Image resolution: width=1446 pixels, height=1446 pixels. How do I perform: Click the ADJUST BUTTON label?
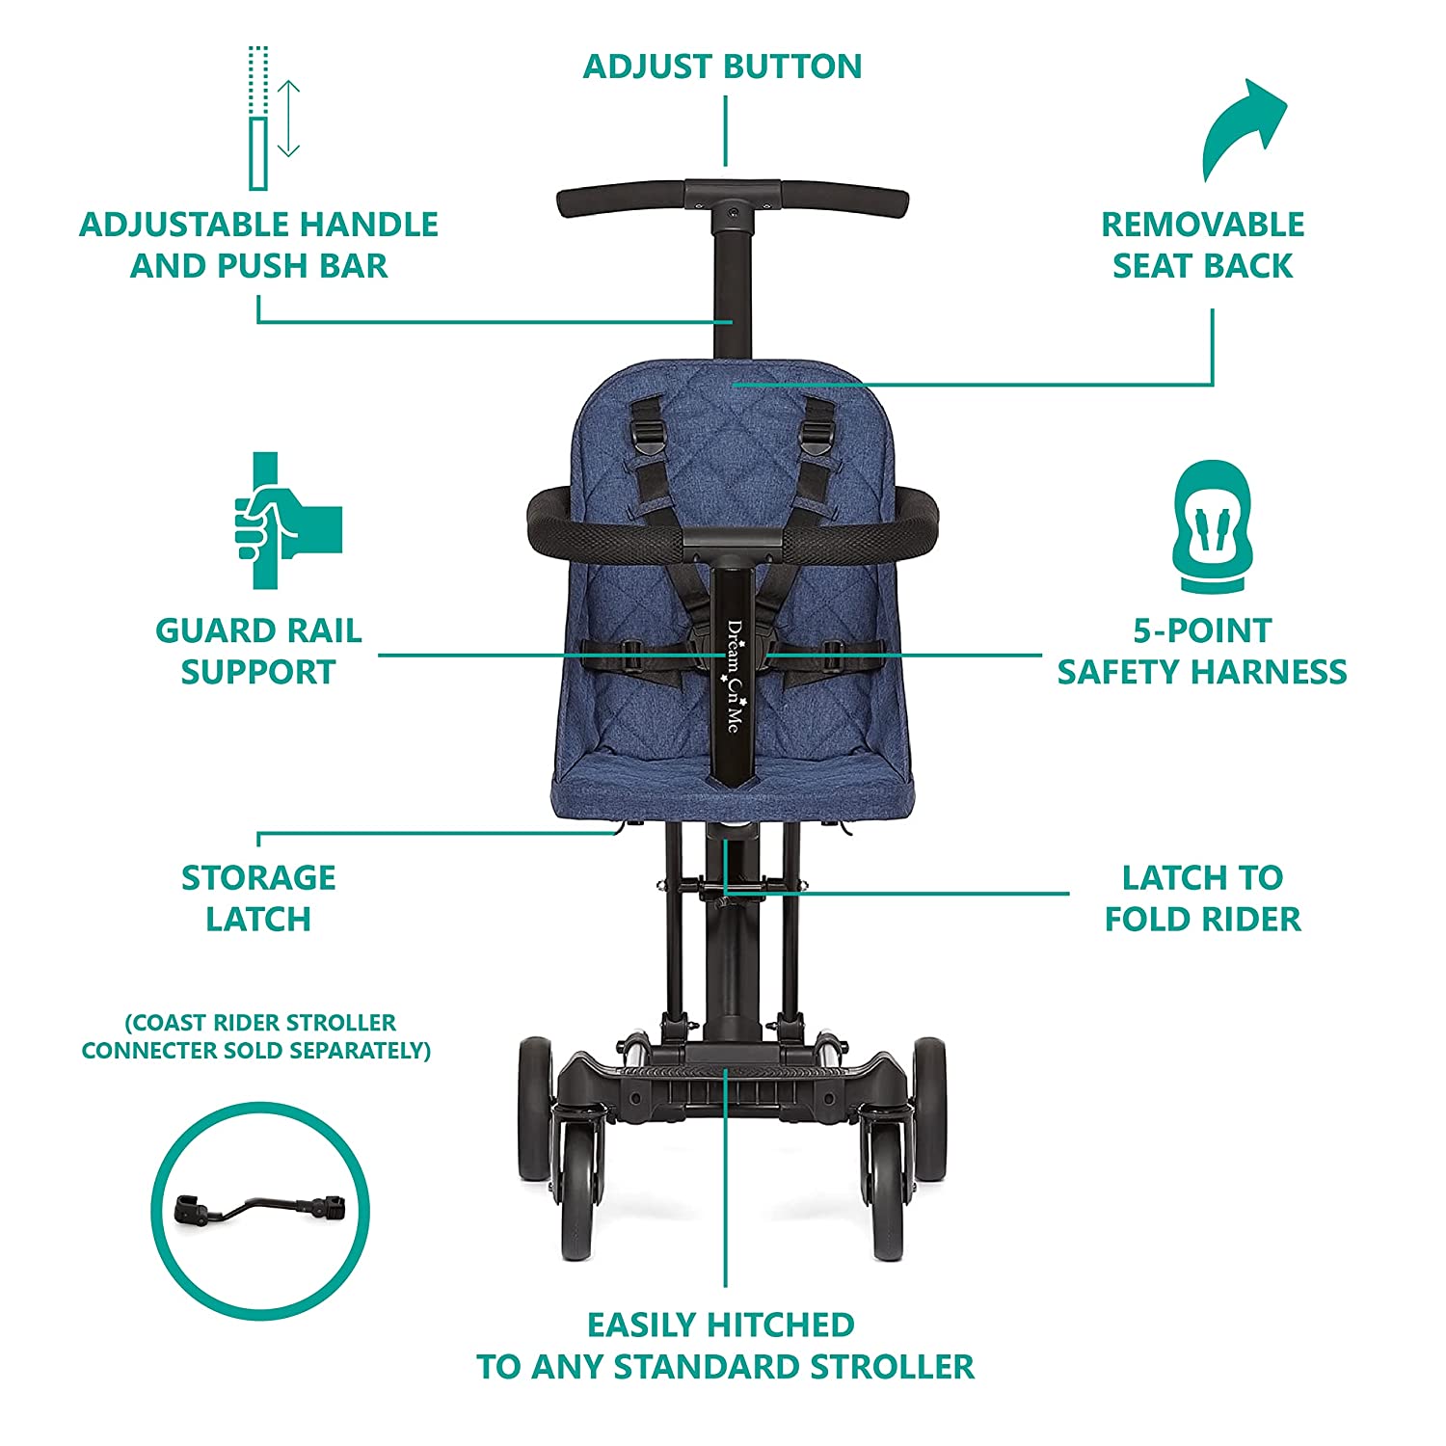tap(722, 67)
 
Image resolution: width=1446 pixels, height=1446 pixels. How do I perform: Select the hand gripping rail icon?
tap(288, 521)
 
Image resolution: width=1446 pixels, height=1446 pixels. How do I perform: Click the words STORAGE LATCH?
tap(258, 898)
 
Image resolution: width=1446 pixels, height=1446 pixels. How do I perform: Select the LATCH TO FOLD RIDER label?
tap(1202, 898)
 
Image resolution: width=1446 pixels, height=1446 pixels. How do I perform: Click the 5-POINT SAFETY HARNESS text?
tap(1202, 651)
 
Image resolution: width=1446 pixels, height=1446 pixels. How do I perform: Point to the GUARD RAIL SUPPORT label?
tap(258, 651)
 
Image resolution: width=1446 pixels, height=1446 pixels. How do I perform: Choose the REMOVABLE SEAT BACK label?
tap(1202, 245)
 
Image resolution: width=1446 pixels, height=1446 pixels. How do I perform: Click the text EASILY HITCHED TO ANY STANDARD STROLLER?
tap(725, 1346)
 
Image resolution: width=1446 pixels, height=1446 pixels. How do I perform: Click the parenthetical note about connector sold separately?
tap(256, 1036)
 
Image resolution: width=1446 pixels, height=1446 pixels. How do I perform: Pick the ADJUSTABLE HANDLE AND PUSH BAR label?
tap(258, 245)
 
